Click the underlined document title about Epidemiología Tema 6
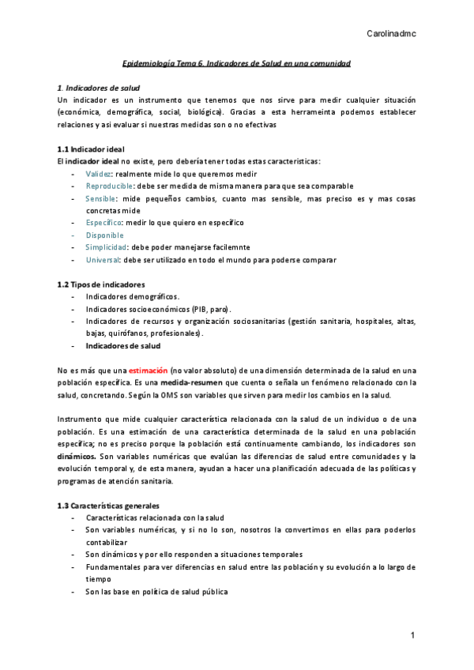[237, 62]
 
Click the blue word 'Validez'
[99, 173]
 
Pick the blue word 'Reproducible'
[109, 186]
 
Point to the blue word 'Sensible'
[101, 198]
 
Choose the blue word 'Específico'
[103, 223]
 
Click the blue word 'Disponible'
[104, 235]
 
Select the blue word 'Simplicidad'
[106, 247]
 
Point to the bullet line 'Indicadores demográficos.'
[133, 296]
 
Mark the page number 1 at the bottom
[412, 636]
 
